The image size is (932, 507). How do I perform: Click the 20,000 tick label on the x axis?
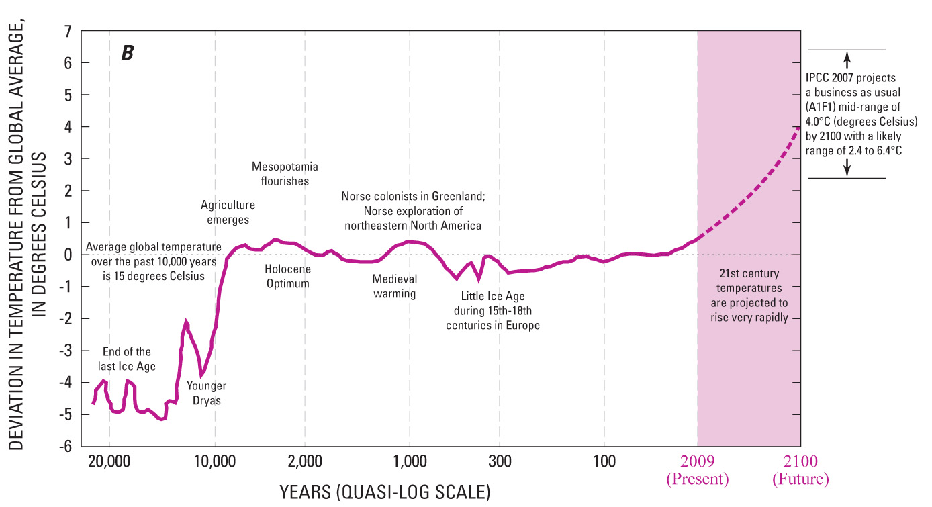coord(109,461)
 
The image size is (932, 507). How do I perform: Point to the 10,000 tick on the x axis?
coord(215,461)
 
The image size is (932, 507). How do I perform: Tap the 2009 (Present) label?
coord(697,469)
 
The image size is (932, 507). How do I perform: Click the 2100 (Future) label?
coord(800,469)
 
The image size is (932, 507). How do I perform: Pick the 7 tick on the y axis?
coord(67,31)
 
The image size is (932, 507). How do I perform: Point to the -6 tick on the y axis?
coord(66,447)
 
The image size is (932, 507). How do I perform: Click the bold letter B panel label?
coord(127,54)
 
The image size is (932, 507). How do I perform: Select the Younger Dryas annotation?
coord(206,393)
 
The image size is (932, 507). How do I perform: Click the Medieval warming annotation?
coord(395,286)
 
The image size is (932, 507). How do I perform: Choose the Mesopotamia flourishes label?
coord(285,173)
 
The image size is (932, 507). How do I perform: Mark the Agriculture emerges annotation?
coord(228,212)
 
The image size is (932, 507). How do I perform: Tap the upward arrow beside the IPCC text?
coord(847,58)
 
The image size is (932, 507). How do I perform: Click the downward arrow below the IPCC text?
coord(847,169)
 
